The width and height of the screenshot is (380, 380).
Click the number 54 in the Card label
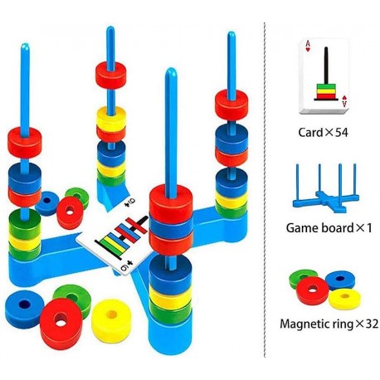341,133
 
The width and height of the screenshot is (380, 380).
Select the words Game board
319,228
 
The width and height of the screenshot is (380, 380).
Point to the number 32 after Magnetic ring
372,324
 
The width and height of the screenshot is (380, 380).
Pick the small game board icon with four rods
326,188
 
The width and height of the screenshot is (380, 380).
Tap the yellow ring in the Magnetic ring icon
344,299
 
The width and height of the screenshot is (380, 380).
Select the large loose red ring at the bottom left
61,324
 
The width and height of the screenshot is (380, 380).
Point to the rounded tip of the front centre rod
171,71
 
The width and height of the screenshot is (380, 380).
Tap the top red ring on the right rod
231,105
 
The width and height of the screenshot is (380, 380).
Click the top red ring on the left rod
25,142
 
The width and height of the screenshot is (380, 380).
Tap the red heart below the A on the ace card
308,50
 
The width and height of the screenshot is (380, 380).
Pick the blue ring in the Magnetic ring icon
340,280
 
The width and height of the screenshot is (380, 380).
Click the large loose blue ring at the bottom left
24,309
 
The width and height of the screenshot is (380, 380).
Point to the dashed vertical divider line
265,190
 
